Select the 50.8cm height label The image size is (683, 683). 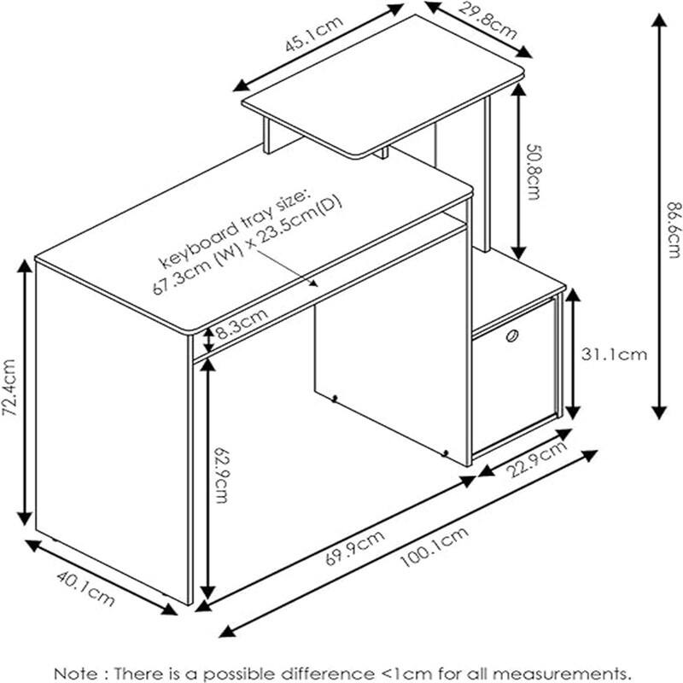point(532,172)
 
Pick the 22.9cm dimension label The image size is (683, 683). point(535,461)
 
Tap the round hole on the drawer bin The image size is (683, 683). point(511,336)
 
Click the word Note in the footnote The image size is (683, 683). point(73,673)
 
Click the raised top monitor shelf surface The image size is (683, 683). point(384,102)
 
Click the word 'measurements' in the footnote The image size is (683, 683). point(563,673)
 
